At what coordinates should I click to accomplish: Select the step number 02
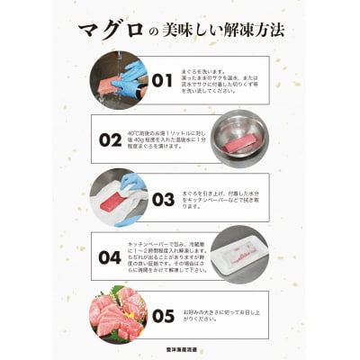[x=110, y=139]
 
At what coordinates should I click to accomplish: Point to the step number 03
[x=162, y=198]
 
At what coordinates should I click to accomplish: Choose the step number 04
[x=110, y=256]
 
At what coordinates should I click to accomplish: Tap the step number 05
[x=162, y=315]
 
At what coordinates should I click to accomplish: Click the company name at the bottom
[x=180, y=350]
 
